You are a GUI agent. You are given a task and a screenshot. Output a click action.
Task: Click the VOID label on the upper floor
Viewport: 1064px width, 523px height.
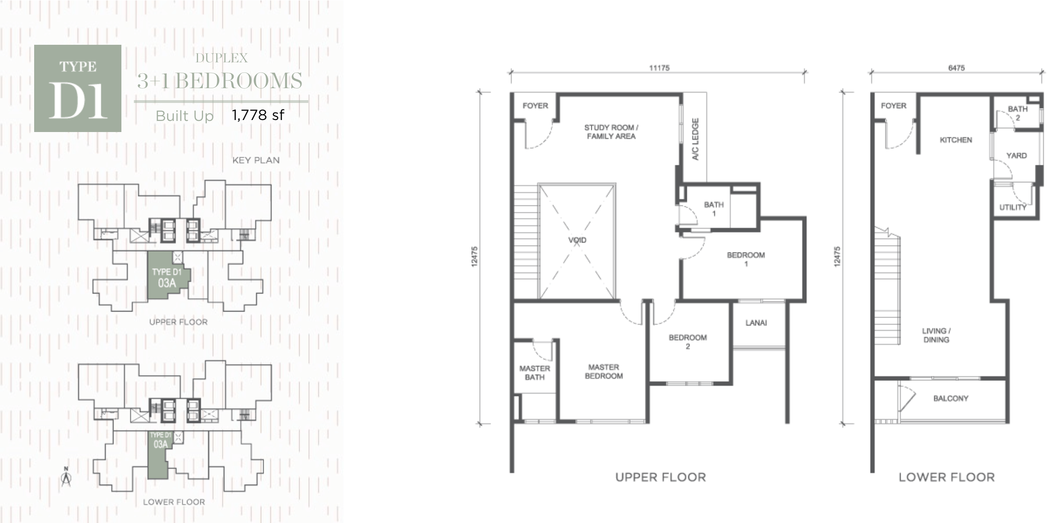coord(577,240)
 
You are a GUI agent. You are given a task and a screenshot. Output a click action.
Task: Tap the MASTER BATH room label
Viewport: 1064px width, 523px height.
coord(535,373)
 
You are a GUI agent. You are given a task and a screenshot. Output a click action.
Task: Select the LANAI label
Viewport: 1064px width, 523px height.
coord(756,323)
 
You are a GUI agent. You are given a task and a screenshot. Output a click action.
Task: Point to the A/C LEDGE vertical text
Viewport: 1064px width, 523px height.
coord(696,139)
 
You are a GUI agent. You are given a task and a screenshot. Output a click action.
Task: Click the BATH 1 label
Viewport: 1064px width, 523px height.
coord(714,209)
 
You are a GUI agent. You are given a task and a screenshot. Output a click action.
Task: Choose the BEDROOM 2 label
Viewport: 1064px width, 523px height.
coord(688,342)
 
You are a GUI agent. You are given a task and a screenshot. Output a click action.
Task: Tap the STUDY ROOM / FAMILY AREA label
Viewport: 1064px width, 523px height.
coord(611,132)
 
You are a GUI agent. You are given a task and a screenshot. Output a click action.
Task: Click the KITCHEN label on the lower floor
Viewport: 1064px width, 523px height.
coord(956,140)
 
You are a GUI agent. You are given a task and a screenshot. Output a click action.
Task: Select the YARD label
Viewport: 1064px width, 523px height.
coord(1016,156)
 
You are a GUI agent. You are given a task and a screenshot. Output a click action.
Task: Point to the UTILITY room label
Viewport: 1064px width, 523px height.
coord(1013,208)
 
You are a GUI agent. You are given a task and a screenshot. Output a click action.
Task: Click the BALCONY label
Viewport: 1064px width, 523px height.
coord(951,398)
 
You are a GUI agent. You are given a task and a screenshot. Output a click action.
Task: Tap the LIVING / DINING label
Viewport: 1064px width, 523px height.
coord(936,336)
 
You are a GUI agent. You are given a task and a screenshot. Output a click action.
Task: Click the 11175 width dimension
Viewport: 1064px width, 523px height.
coord(659,68)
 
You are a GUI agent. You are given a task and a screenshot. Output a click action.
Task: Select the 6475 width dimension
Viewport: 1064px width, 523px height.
coord(956,68)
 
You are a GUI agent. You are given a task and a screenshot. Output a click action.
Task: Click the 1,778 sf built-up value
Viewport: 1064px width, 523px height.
coord(258,114)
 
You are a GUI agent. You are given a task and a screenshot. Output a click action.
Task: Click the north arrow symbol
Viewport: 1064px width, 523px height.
coord(66,477)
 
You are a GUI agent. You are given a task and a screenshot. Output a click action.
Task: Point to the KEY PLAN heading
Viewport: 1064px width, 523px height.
coord(256,160)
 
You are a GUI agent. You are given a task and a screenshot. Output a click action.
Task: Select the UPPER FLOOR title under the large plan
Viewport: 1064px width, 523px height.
coord(661,477)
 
